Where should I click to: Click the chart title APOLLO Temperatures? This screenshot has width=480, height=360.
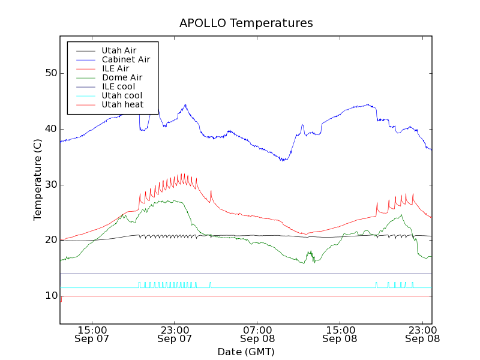(246, 23)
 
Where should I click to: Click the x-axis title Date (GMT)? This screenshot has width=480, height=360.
(246, 352)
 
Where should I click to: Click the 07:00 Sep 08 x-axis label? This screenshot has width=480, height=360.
(257, 334)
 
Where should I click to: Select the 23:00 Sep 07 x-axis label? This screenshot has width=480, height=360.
(175, 334)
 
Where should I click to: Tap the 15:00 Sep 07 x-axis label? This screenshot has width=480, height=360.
(92, 334)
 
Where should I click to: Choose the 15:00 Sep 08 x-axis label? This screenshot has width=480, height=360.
(340, 334)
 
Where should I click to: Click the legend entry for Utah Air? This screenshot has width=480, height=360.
(119, 51)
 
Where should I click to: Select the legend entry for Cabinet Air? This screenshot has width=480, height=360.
(125, 60)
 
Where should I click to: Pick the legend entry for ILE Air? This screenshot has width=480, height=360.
(115, 69)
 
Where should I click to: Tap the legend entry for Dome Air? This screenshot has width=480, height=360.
(122, 78)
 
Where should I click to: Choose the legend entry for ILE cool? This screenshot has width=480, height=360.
(118, 87)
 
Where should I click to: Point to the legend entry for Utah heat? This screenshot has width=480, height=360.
(122, 105)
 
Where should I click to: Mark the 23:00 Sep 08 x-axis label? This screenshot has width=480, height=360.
(422, 334)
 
